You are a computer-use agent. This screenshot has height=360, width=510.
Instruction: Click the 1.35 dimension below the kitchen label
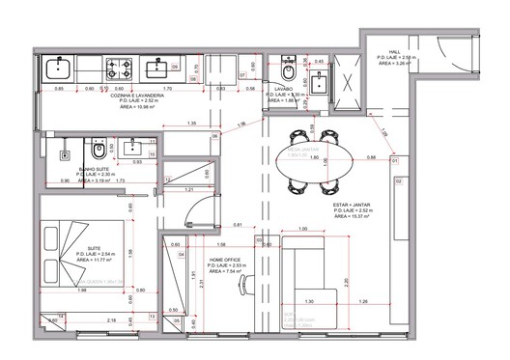192,124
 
